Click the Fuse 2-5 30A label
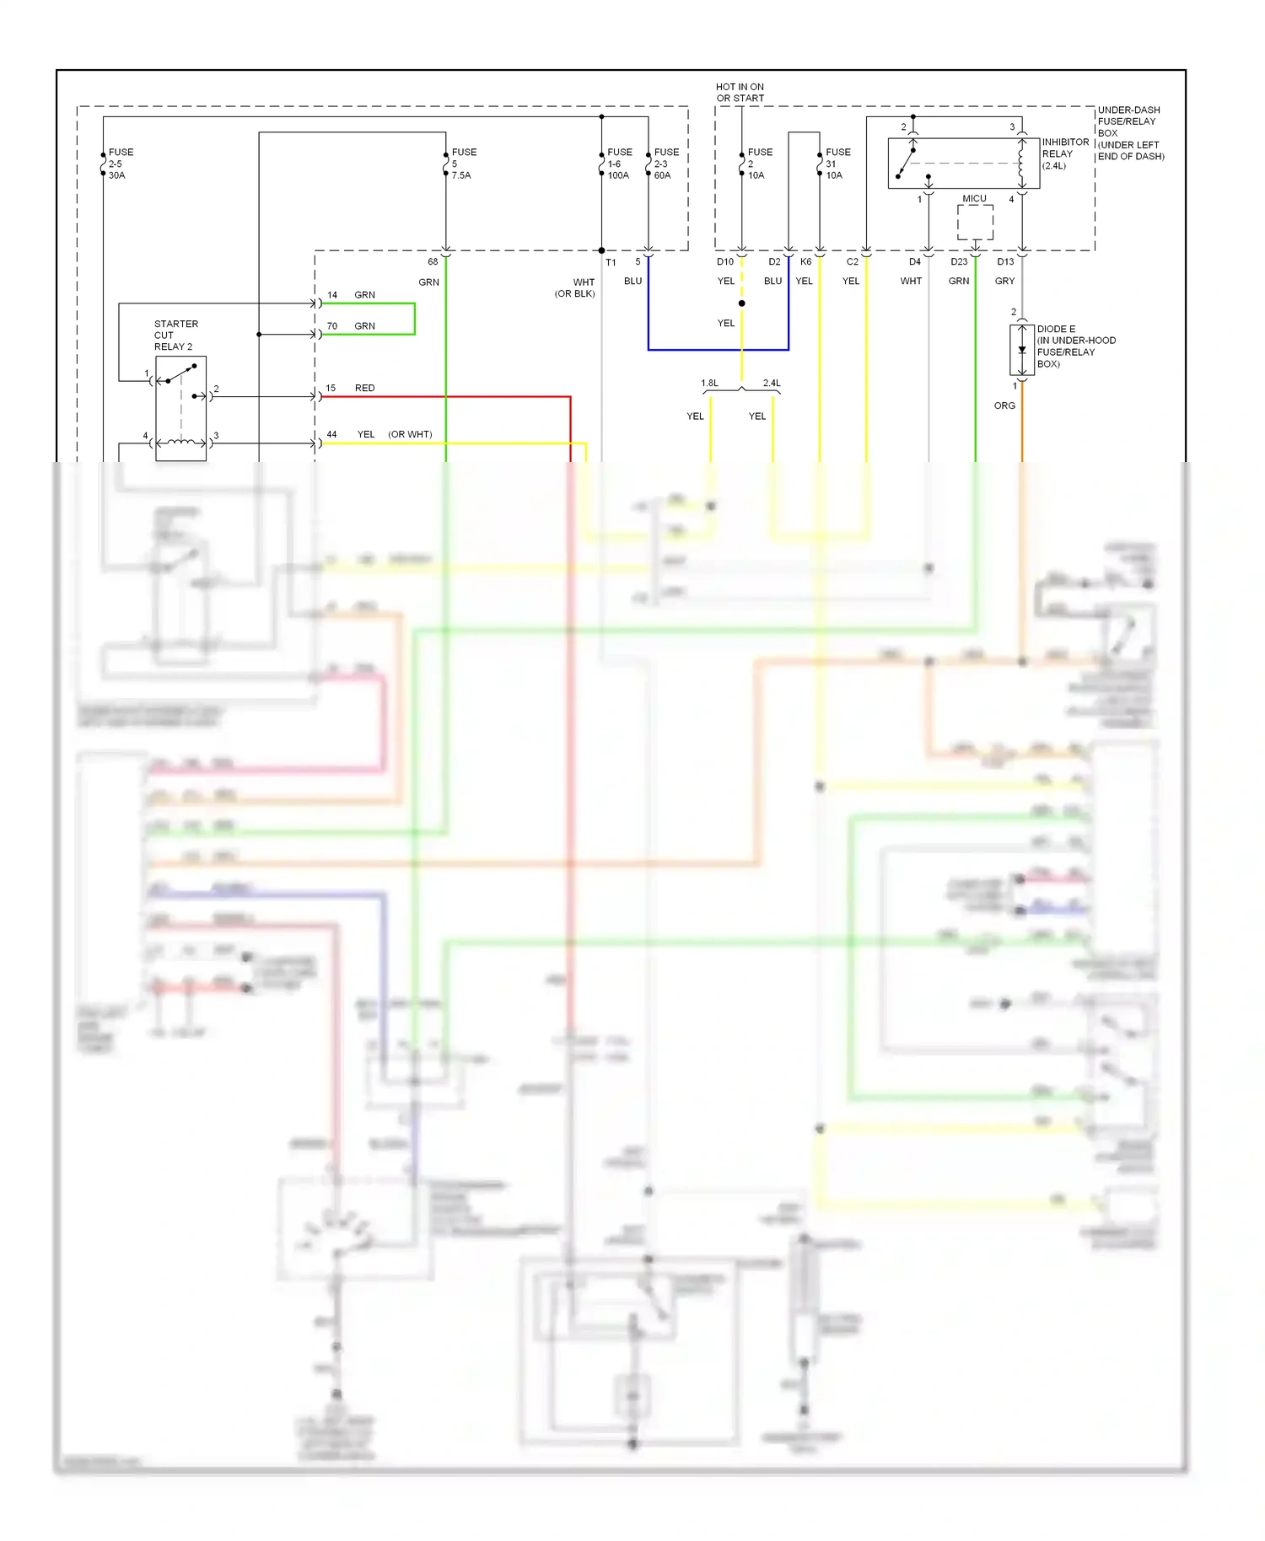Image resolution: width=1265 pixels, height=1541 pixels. [x=121, y=164]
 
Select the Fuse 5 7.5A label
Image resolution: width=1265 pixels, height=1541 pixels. [x=463, y=164]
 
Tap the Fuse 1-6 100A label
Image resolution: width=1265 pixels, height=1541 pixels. [x=619, y=164]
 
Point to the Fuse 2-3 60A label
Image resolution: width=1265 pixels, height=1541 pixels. [x=665, y=164]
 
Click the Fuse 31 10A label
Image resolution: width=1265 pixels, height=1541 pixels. [x=837, y=164]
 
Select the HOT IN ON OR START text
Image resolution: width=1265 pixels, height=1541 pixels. [x=740, y=93]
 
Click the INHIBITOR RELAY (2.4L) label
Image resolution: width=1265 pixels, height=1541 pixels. [x=1064, y=153]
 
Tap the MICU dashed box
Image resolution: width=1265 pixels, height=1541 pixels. [x=975, y=222]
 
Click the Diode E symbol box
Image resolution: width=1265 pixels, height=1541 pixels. [x=1021, y=350]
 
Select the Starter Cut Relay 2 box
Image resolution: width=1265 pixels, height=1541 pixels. [x=180, y=408]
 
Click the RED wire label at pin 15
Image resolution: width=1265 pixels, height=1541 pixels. [x=364, y=388]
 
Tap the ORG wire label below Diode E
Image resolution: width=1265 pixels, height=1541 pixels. [x=1004, y=405]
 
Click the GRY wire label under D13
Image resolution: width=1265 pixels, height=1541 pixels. [x=1004, y=281]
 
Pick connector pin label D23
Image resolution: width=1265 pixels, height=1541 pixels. [x=959, y=261]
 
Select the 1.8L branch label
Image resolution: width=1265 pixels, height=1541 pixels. [x=709, y=383]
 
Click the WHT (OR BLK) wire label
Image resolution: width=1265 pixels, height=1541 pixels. [x=576, y=287]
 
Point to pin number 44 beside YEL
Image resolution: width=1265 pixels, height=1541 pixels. [x=331, y=434]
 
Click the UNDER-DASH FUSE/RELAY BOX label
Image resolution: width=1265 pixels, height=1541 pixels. [x=1130, y=133]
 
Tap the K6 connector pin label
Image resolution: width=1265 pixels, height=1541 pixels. [x=805, y=261]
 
